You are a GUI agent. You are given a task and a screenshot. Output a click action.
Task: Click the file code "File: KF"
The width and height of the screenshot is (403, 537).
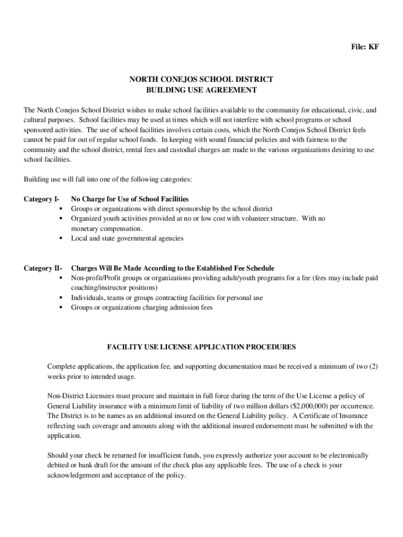(364, 47)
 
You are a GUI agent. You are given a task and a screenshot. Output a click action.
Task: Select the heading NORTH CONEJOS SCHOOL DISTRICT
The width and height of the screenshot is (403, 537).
(201, 80)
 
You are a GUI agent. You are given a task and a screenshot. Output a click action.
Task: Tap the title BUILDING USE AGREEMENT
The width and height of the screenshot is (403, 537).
(201, 90)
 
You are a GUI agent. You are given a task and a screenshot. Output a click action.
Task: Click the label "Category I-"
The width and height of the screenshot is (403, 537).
(41, 199)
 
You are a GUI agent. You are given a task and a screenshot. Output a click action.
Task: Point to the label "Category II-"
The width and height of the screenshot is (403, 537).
(43, 268)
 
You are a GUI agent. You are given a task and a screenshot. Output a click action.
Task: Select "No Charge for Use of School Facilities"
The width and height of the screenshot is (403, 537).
(130, 199)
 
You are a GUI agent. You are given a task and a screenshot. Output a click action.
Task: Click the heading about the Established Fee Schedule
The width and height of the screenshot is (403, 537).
(173, 268)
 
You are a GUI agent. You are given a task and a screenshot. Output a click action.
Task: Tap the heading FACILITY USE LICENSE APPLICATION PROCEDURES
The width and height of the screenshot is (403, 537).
(201, 347)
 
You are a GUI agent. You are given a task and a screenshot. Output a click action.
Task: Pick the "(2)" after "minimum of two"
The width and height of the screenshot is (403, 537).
(373, 367)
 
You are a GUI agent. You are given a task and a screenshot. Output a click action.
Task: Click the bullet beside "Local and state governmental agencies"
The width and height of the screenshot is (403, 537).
(61, 239)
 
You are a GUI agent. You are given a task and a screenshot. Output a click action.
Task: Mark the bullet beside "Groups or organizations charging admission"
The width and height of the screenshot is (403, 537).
(61, 308)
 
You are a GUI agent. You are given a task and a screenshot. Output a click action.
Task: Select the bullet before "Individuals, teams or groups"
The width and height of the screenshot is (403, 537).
(61, 298)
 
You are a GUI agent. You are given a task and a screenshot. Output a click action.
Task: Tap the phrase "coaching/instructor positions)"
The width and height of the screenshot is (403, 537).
(114, 288)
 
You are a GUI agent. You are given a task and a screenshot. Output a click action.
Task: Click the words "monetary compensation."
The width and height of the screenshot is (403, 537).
(106, 229)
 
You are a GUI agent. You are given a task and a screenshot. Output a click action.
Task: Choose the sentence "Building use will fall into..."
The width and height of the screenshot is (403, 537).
(108, 180)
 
